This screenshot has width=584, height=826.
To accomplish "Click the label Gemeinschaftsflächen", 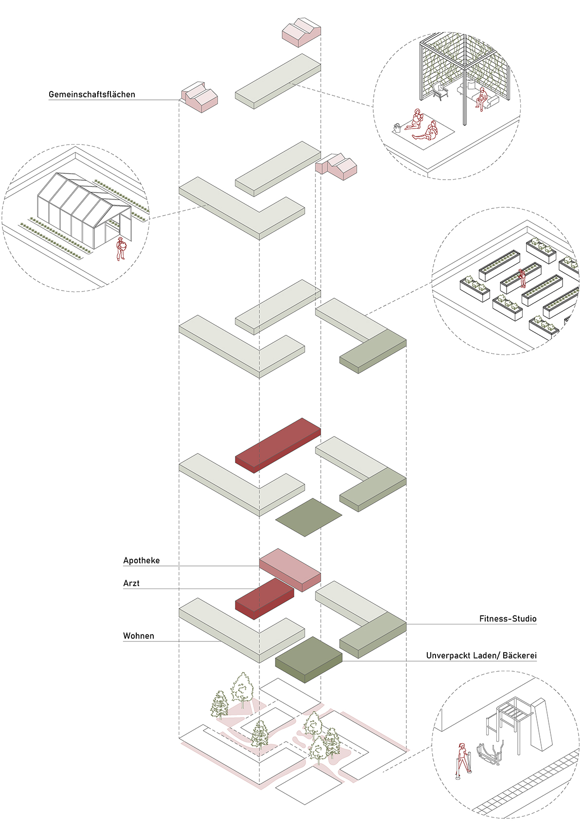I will click(x=92, y=94).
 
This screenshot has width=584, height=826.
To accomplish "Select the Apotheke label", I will click(x=141, y=561).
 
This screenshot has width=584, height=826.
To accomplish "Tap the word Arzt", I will click(x=131, y=584).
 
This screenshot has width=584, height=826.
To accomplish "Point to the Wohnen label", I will click(x=139, y=636).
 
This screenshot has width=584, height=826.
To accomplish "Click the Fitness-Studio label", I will click(x=508, y=619).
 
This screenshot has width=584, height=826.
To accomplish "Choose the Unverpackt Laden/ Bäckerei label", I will click(x=481, y=656).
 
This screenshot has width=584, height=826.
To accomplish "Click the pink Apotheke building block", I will click(x=290, y=568).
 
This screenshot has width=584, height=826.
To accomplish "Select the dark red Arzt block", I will click(x=264, y=597).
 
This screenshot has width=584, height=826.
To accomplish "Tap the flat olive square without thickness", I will click(x=309, y=517).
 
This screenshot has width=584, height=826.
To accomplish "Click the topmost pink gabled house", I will click(x=301, y=32).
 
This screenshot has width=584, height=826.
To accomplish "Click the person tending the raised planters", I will click(x=522, y=277).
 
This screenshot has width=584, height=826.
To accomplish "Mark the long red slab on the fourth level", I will click(x=278, y=444).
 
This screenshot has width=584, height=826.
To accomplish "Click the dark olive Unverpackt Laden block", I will click(x=309, y=659).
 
